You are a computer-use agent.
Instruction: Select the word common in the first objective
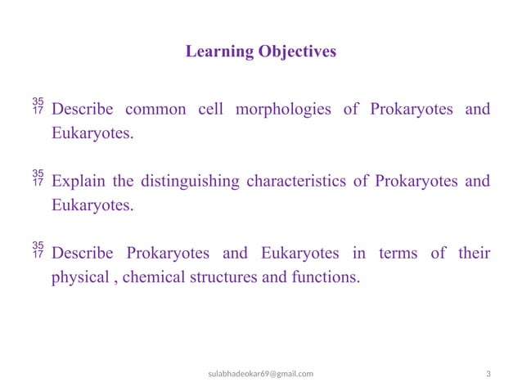pyautogui.click(x=157, y=110)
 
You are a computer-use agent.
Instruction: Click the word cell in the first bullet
pyautogui.click(x=212, y=110)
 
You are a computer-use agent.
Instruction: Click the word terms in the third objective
pyautogui.click(x=398, y=254)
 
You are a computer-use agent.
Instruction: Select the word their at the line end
pyautogui.click(x=475, y=254)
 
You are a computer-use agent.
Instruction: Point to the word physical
pyautogui.click(x=79, y=277)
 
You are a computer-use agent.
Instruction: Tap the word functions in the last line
pyautogui.click(x=324, y=277)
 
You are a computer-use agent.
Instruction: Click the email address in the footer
pyautogui.click(x=260, y=374)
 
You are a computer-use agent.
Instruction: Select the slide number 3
pyautogui.click(x=488, y=374)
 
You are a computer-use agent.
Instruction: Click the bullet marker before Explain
pyautogui.click(x=38, y=178)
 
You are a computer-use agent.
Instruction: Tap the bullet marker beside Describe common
pyautogui.click(x=38, y=106)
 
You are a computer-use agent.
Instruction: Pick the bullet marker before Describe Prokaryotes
pyautogui.click(x=38, y=250)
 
